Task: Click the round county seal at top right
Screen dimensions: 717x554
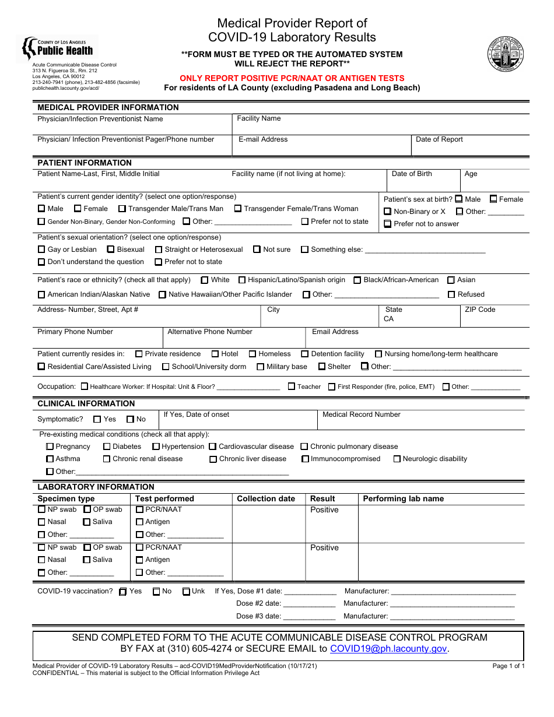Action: pos(506,54)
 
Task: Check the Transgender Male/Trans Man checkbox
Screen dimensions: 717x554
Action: pos(122,209)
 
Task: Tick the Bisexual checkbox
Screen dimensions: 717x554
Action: pos(111,249)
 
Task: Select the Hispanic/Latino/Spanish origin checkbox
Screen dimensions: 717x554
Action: pos(242,280)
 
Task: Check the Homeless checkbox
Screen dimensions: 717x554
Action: pos(253,354)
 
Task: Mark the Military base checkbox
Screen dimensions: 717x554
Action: pos(260,367)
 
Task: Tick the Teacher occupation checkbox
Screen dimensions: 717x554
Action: pos(292,386)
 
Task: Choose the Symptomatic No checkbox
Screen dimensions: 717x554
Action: pos(131,419)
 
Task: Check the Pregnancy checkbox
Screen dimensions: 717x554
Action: pos(50,447)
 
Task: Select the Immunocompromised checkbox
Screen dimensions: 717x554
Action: pos(305,459)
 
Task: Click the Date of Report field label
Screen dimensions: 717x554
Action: pos(439,139)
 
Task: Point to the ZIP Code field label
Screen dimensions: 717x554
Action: pos(480,310)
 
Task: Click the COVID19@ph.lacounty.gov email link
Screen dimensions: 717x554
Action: pos(388,649)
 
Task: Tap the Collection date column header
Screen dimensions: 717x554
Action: pos(266,498)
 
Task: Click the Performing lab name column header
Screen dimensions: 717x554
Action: pos(403,498)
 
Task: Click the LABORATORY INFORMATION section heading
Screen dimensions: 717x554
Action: pos(96,487)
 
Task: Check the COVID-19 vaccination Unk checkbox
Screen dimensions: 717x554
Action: pos(186,591)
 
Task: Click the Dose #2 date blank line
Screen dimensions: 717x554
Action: pos(309,604)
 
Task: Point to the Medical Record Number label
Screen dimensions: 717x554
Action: pos(362,414)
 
